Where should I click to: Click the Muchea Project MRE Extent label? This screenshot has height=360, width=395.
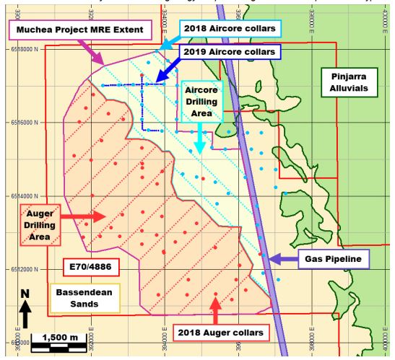[x=78, y=30]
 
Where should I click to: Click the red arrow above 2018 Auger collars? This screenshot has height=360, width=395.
[x=215, y=306]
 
